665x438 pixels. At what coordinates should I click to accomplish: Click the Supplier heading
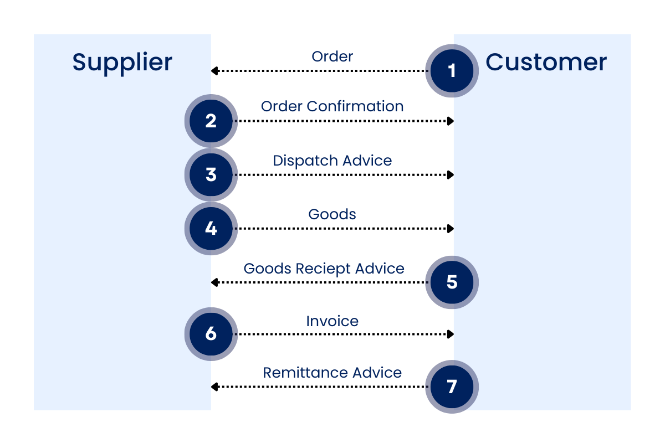click(122, 62)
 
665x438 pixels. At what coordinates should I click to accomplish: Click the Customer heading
click(546, 61)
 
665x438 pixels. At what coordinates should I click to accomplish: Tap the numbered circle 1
click(452, 71)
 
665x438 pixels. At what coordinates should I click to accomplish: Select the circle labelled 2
click(211, 121)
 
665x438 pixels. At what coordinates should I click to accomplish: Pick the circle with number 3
click(211, 174)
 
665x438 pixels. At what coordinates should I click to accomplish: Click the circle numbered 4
click(211, 228)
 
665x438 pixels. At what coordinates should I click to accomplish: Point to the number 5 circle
click(452, 282)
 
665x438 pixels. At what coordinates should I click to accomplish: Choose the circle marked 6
click(211, 334)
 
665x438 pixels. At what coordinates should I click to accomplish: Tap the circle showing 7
click(452, 387)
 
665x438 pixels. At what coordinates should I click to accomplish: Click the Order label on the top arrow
click(332, 56)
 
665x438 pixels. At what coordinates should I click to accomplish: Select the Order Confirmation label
click(332, 106)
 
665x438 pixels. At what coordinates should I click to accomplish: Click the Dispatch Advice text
click(332, 161)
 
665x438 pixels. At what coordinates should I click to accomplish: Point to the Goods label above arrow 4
click(332, 214)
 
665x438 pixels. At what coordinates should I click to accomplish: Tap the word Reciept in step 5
click(323, 269)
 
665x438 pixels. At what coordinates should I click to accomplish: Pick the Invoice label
click(332, 321)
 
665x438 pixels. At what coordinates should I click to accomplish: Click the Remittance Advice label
click(332, 373)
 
